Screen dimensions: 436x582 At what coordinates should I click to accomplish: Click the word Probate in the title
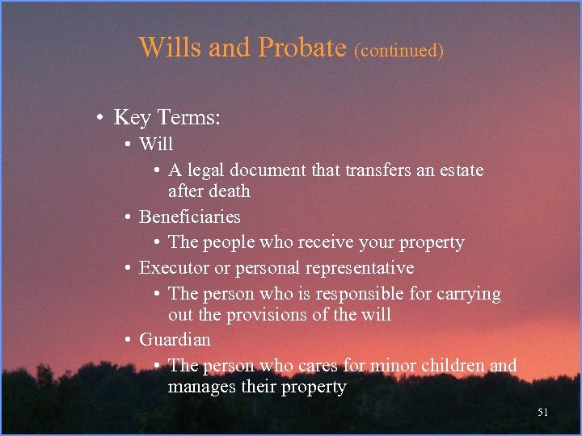[x=302, y=48]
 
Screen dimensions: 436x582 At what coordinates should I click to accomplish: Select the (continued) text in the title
[x=399, y=50]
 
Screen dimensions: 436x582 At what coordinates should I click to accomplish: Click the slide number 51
[x=542, y=413]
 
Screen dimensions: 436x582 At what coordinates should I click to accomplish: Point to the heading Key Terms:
[x=167, y=118]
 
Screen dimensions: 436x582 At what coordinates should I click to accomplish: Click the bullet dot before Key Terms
[x=96, y=119]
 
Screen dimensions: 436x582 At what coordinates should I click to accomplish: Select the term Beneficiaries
[x=190, y=216]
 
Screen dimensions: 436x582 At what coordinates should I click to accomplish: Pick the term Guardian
[x=175, y=339]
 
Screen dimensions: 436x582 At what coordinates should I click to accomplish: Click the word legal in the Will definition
[x=206, y=170]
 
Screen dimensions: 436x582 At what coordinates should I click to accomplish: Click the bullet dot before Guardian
[x=129, y=340]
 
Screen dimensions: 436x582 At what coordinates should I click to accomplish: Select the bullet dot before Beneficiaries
[x=129, y=217]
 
